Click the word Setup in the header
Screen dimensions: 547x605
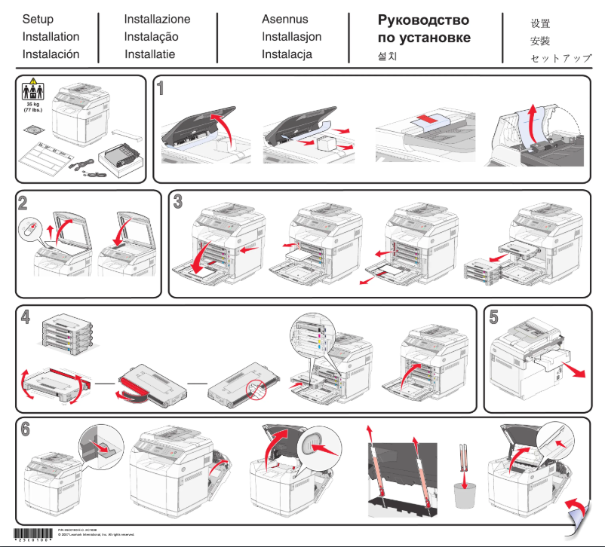(x=38, y=19)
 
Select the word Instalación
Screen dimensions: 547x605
(x=51, y=54)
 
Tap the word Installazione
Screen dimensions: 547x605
(x=157, y=19)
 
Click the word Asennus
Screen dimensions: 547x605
(x=284, y=19)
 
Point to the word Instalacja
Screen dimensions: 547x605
(x=287, y=54)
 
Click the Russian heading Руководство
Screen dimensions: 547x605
(x=423, y=20)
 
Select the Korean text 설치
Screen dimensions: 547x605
(x=387, y=57)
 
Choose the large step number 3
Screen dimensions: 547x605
(x=178, y=202)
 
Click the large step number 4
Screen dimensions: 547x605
(x=26, y=317)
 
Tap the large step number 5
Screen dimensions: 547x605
(x=493, y=317)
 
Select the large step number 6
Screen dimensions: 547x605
(x=26, y=429)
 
